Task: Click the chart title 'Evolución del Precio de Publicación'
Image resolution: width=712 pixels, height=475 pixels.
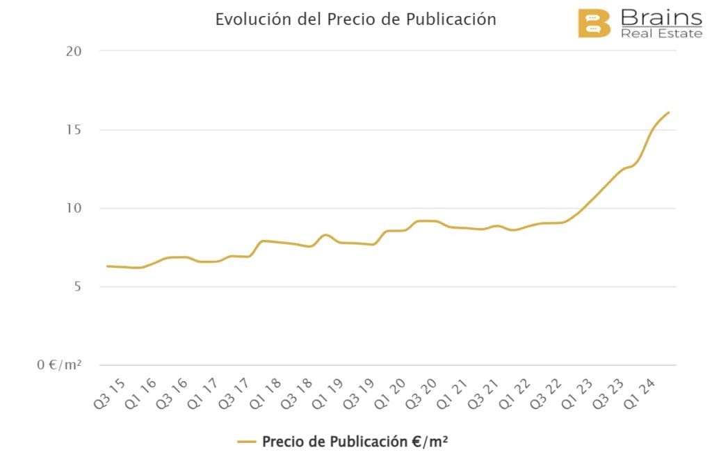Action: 355,19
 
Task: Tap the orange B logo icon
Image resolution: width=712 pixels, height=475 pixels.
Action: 594,24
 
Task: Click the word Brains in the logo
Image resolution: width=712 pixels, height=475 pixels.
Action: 661,17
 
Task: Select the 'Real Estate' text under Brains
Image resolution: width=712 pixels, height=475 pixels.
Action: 661,33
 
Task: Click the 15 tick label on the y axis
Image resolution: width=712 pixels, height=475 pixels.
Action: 74,130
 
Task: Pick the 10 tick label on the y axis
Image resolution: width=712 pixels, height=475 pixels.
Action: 74,209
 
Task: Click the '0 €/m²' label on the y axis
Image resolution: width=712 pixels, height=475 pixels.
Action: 60,365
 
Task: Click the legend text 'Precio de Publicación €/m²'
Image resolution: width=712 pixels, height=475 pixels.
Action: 355,442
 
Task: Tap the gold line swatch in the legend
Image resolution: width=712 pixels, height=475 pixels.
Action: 247,442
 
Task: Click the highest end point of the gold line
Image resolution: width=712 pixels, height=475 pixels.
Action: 668,112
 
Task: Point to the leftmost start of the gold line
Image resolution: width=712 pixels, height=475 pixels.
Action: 107,266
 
